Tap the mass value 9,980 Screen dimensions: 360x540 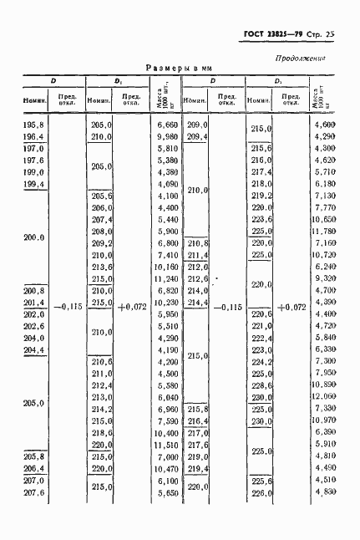point(167,135)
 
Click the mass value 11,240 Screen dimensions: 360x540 point(166,278)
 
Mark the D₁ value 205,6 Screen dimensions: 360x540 point(100,195)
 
